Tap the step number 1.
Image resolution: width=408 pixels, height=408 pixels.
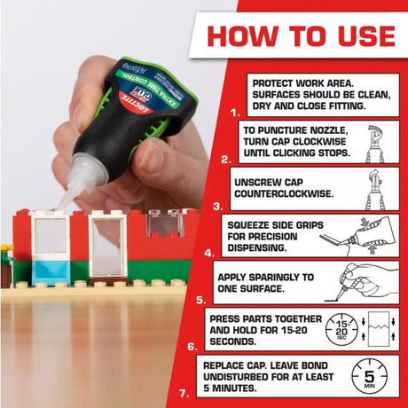tap(234, 114)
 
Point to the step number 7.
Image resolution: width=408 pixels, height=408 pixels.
tap(184, 392)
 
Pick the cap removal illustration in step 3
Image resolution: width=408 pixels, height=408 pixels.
tap(377, 189)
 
